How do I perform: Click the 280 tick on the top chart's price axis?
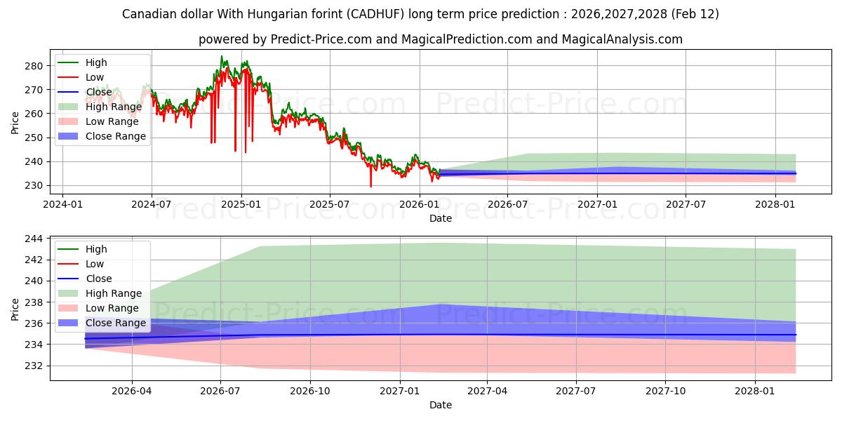tap(34, 66)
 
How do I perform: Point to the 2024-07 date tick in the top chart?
tap(152, 205)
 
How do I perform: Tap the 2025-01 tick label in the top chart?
tap(241, 205)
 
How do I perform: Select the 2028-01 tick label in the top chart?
tap(775, 205)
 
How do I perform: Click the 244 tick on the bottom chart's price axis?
tap(34, 239)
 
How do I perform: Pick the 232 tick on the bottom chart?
tap(34, 366)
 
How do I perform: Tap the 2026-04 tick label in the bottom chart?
tap(132, 392)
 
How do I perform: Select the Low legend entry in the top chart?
tap(95, 77)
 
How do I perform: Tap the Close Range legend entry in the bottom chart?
tap(116, 323)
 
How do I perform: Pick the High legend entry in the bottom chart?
tap(96, 249)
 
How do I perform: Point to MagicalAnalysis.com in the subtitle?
tap(622, 39)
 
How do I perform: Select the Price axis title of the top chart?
tap(15, 123)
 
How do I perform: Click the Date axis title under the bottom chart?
tap(440, 405)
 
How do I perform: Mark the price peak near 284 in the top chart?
tap(222, 57)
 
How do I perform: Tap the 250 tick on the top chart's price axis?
tap(34, 138)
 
